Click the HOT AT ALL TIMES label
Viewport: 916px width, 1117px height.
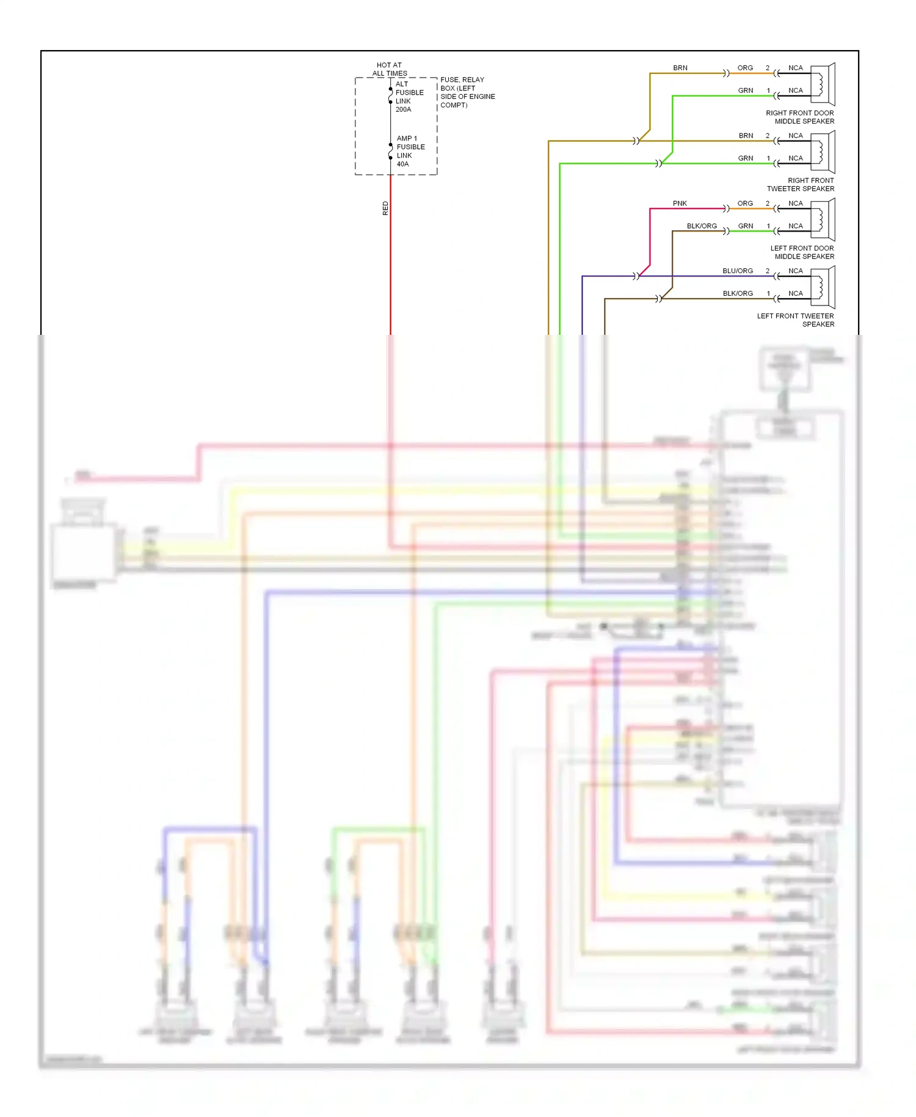click(390, 69)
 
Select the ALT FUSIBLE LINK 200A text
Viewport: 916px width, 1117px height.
click(409, 97)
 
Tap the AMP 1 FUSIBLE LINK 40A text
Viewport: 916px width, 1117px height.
click(410, 151)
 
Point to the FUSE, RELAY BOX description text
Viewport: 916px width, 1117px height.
click(467, 92)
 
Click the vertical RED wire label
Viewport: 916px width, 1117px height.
click(385, 208)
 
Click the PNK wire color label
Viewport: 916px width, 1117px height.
click(680, 203)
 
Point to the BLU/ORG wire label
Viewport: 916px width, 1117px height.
click(737, 271)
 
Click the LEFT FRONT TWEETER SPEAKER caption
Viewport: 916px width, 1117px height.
click(796, 320)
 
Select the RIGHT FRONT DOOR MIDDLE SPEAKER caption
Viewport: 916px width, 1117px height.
click(800, 117)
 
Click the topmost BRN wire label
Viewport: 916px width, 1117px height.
click(680, 68)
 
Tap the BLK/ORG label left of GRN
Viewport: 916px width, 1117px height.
click(702, 226)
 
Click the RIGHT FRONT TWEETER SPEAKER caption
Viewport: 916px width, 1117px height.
click(801, 185)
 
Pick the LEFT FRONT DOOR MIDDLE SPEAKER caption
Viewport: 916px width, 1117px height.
click(802, 252)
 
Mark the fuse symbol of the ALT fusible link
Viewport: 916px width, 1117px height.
click(391, 95)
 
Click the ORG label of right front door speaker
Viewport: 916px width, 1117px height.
click(745, 68)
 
